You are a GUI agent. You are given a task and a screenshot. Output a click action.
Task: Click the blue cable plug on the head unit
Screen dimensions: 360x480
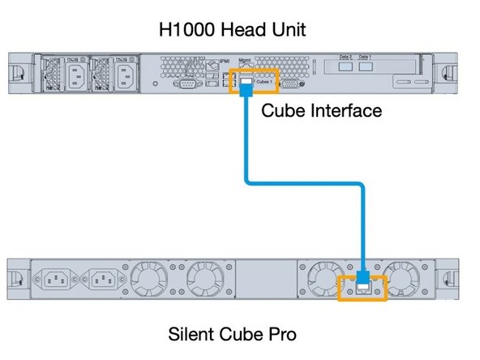(x=245, y=88)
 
